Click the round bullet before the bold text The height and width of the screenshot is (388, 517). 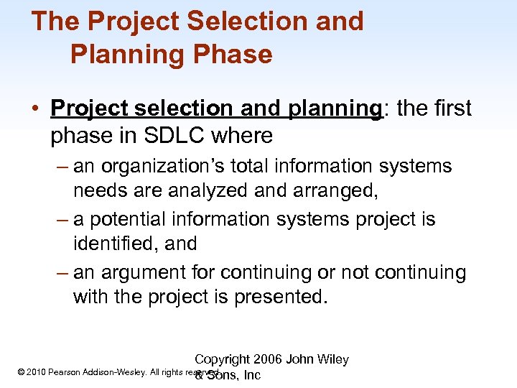[34, 109]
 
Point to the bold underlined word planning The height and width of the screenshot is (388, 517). [335, 108]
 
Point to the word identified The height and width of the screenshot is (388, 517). [113, 244]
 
